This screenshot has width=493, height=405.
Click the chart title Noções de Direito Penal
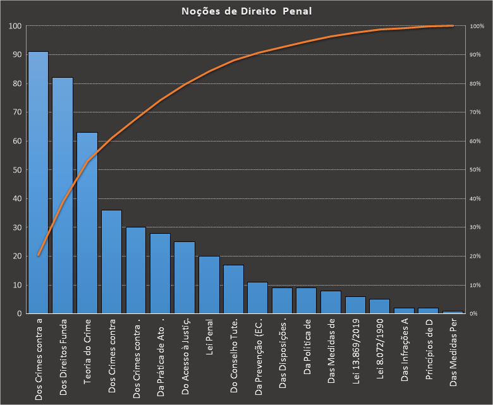click(246, 11)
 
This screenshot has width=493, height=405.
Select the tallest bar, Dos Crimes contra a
click(38, 183)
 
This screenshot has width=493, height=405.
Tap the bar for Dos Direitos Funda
click(63, 196)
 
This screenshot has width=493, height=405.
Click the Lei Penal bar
click(209, 285)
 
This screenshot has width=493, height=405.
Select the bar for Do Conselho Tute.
click(233, 289)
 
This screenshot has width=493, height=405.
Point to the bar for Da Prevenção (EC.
click(258, 298)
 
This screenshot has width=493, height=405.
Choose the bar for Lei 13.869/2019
click(356, 305)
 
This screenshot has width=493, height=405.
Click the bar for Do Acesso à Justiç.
click(185, 278)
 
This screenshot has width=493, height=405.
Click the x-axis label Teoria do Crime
click(87, 354)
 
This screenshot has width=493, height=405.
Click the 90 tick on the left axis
click(16, 55)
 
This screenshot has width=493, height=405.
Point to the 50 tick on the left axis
click(16, 170)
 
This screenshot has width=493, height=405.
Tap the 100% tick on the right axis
click(477, 27)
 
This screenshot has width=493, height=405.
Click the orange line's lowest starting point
click(38, 255)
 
